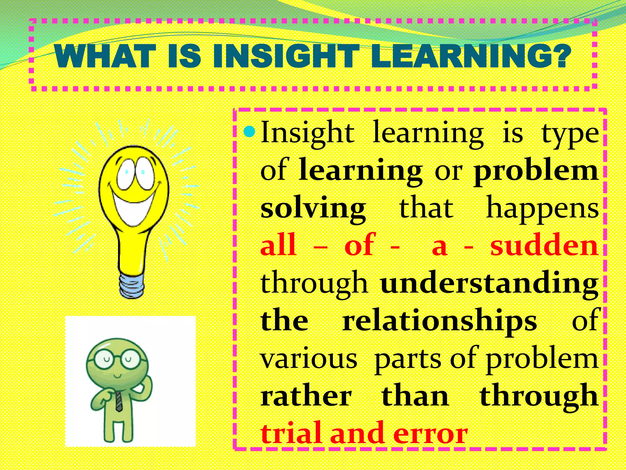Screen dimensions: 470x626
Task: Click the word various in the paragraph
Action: pos(309,359)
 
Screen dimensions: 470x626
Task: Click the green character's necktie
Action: pos(119,401)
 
